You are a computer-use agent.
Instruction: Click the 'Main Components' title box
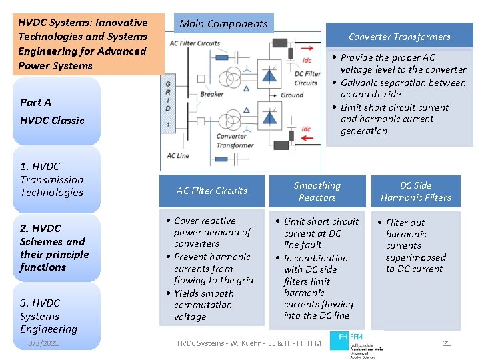point(223,24)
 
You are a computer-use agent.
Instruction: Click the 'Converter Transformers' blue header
point(399,37)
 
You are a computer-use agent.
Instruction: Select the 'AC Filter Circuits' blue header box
point(211,191)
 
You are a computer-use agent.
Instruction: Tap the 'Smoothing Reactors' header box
point(317,191)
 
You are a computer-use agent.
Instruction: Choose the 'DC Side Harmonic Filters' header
point(415,191)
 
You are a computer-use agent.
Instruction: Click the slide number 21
point(447,343)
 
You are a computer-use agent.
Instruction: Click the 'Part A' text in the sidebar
point(35,102)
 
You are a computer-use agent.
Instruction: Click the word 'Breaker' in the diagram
point(212,94)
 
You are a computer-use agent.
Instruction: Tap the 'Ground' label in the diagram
point(292,95)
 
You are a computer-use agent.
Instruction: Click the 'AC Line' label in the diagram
point(178,155)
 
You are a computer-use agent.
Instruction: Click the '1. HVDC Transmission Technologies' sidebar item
point(51,179)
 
